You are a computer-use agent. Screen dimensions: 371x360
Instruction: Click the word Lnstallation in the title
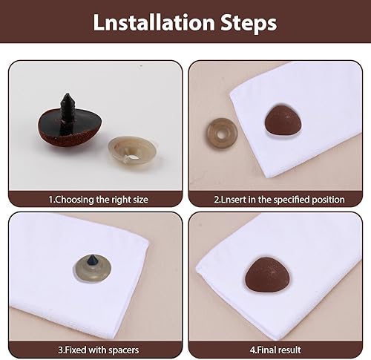pyautogui.click(x=154, y=22)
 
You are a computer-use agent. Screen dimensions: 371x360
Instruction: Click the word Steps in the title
pyautogui.click(x=249, y=24)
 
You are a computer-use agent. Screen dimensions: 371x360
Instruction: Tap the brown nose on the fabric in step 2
pyautogui.click(x=283, y=120)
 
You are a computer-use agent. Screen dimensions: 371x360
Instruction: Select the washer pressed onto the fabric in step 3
pyautogui.click(x=93, y=269)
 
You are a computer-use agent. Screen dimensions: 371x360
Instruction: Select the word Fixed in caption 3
pyautogui.click(x=75, y=350)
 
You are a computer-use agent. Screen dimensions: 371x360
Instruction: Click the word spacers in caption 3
pyautogui.click(x=124, y=351)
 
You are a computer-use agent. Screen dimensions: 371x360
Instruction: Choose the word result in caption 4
pyautogui.click(x=289, y=350)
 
